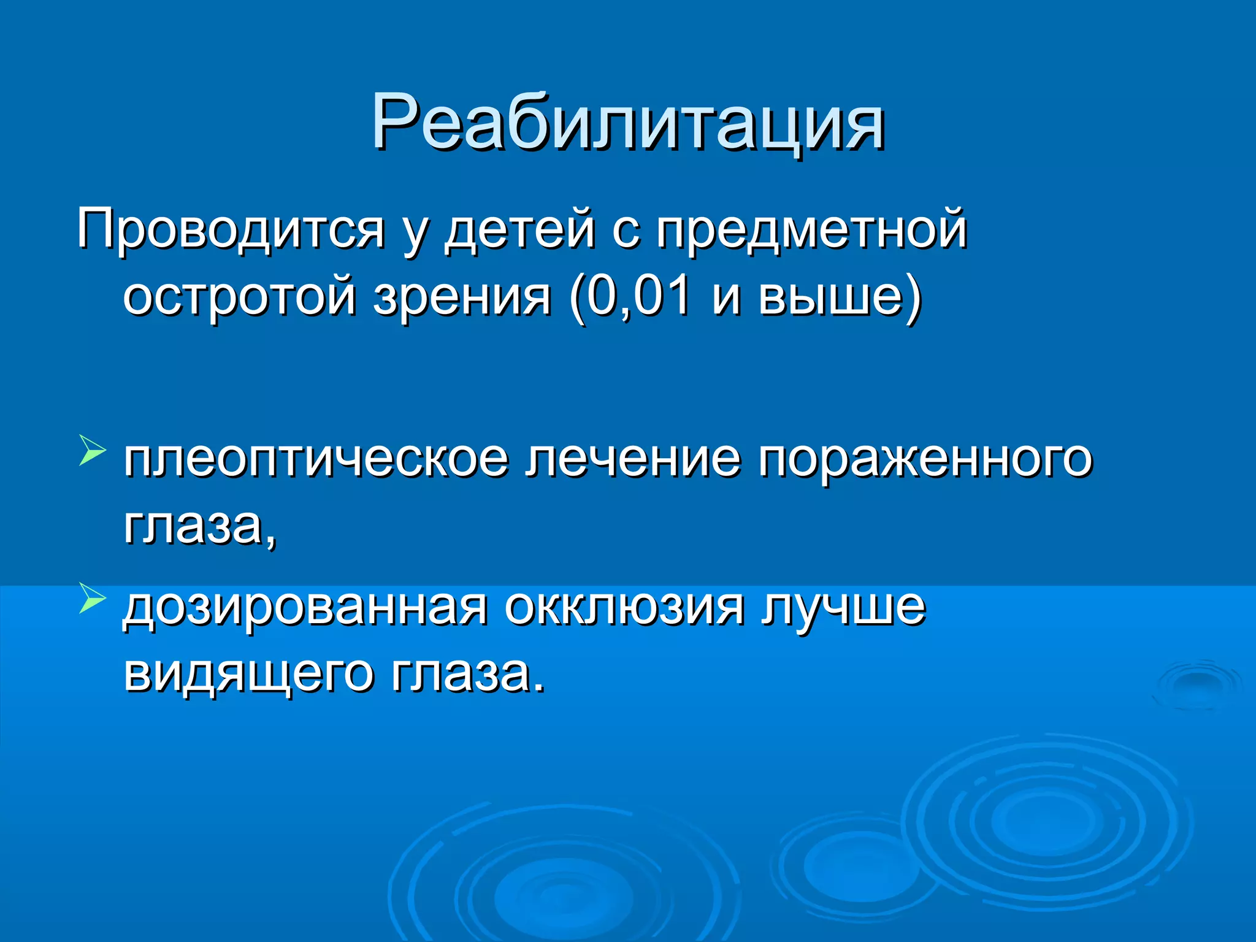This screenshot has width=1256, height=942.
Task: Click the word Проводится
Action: click(x=231, y=230)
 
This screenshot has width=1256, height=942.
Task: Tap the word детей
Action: click(x=520, y=230)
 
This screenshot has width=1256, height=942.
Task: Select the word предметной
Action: click(x=811, y=230)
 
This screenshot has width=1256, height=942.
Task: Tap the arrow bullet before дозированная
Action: click(x=92, y=598)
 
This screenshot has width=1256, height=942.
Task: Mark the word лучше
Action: click(x=843, y=607)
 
